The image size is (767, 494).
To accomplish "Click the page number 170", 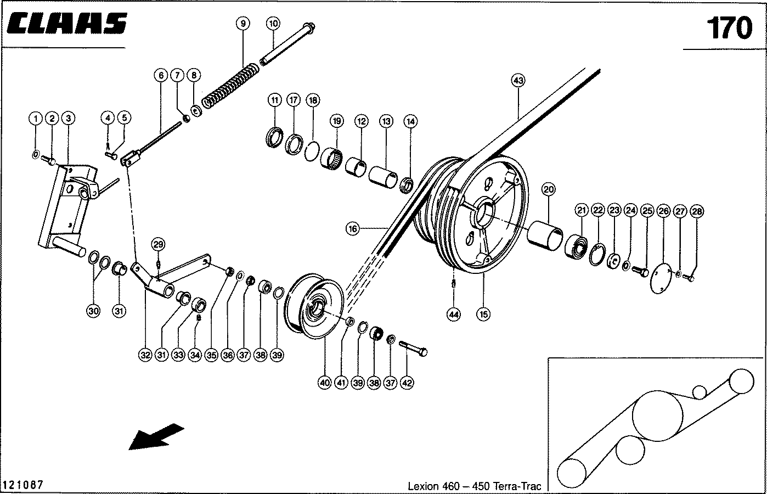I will [x=729, y=27].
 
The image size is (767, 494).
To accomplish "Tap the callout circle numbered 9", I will [x=242, y=23].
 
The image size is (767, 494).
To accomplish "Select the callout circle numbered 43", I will [x=518, y=80].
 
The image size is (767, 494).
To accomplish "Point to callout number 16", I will [x=352, y=228].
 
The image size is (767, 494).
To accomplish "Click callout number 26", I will [x=664, y=211].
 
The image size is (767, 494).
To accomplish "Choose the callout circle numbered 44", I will [x=454, y=315].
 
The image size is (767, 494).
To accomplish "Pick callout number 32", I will [x=145, y=355].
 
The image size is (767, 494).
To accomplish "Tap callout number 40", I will [x=325, y=383].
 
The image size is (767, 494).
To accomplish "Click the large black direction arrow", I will [x=156, y=436].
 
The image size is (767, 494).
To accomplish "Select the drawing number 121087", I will [x=23, y=485].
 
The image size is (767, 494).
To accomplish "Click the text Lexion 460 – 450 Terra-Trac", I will [x=474, y=486].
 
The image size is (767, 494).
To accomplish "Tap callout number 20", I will [x=549, y=190].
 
